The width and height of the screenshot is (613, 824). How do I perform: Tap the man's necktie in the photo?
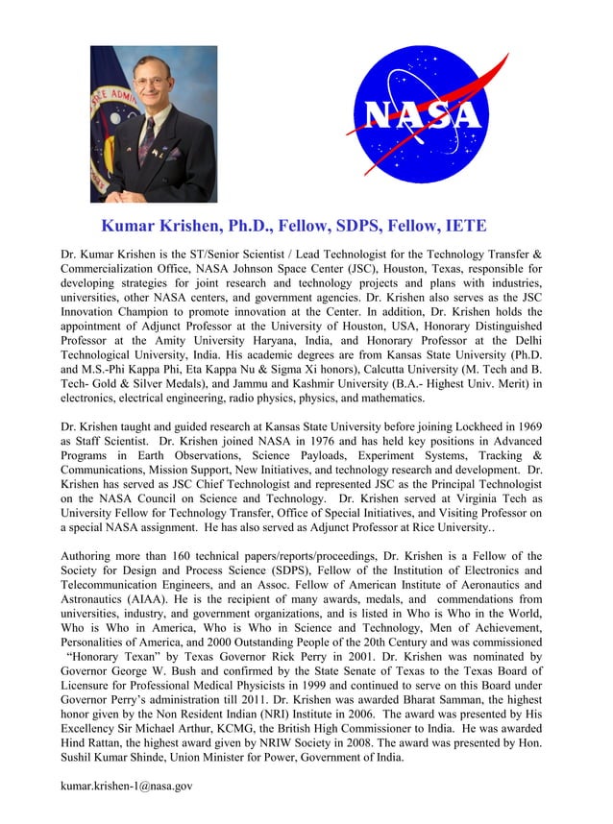tap(146, 144)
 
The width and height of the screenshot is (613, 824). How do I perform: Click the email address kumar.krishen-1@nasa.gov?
tap(127, 786)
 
